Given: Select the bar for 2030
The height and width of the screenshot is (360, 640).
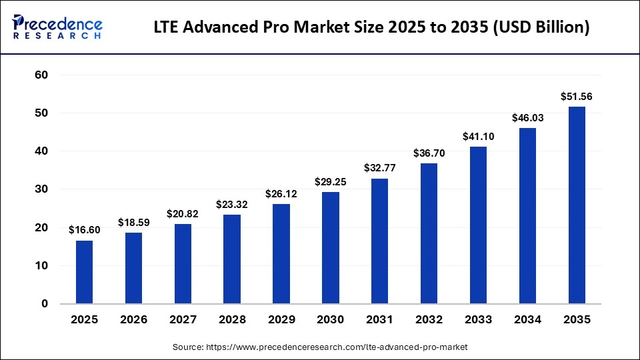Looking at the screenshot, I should pos(331,248).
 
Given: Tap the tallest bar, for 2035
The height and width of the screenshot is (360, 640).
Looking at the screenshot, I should pos(577,205).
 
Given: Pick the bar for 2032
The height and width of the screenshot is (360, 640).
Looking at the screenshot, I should pos(429,233).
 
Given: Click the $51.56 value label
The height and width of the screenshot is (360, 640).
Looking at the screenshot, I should pos(577,97).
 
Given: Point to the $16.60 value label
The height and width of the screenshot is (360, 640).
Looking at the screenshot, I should pos(84,230).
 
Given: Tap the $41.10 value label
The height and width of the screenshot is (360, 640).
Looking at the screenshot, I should pos(479,137).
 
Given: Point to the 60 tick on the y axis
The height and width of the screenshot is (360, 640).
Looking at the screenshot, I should pos(41,75).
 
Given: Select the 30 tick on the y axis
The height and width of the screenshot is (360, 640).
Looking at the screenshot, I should pos(41,189).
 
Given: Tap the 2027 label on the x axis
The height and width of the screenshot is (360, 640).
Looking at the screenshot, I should pos(183,320).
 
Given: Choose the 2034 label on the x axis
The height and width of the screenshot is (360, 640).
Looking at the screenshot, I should pos(527,320).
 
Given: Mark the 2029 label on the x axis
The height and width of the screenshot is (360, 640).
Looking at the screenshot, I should pos(281,320).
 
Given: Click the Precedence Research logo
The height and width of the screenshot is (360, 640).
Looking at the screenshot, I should pos(57,27).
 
